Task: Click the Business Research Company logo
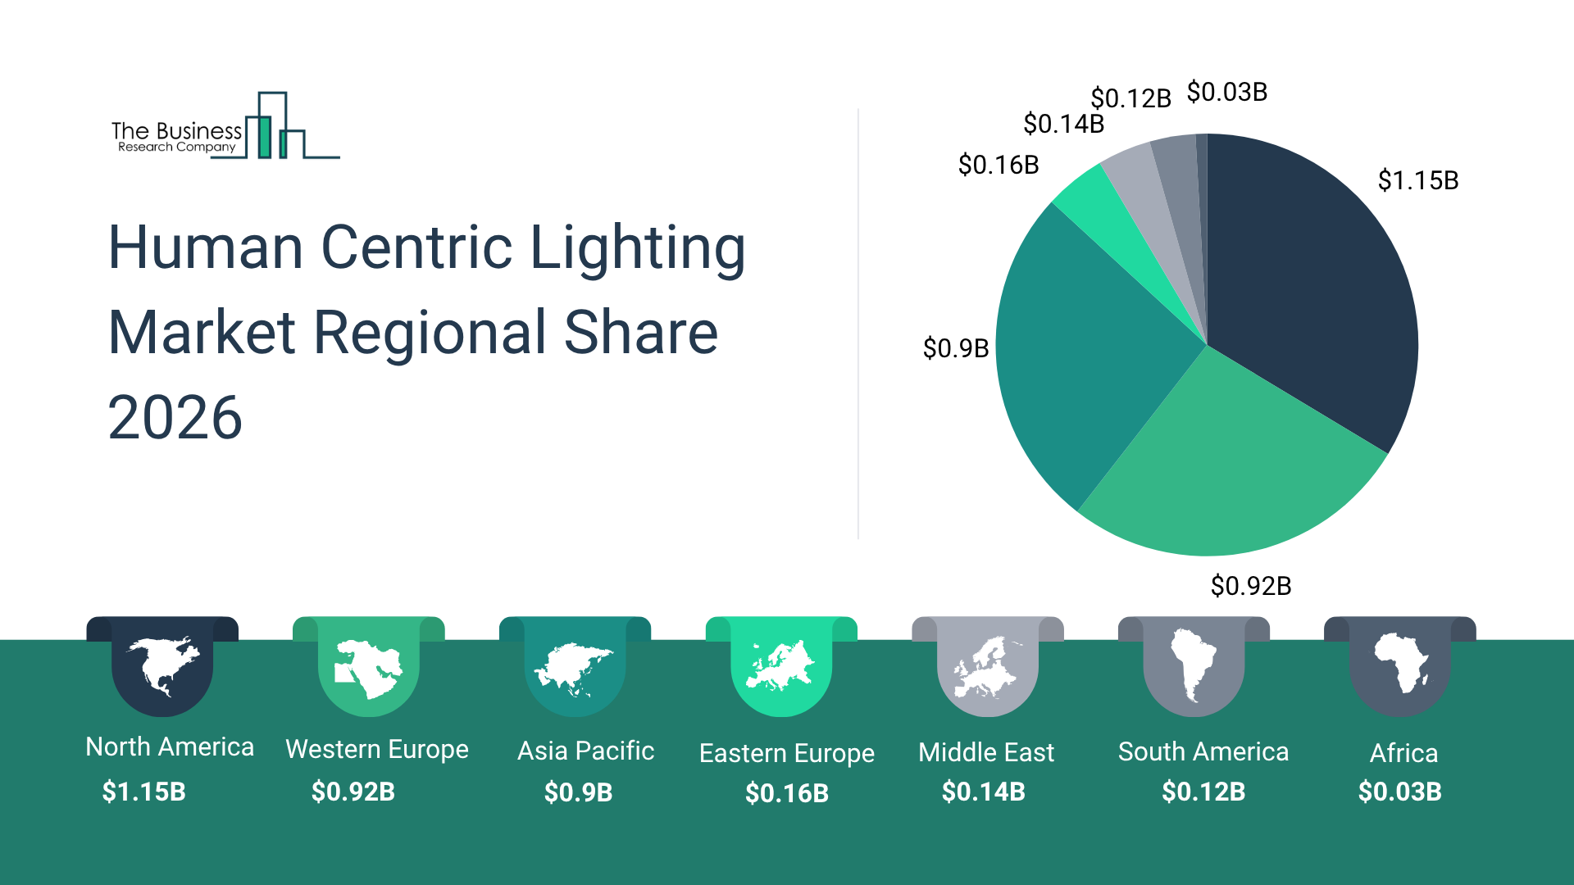pos(225,128)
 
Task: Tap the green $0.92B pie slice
pos(1230,467)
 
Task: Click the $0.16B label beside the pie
pos(999,166)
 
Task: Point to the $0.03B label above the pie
pos(1227,92)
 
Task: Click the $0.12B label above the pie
pos(1130,98)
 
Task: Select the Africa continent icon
pos(1401,664)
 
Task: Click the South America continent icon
pos(1194,665)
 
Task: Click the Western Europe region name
pos(377,749)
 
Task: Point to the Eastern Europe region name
pos(787,753)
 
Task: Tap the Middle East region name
pos(986,752)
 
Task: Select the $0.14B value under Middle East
pos(984,792)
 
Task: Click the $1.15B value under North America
pos(144,792)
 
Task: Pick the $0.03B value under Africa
pos(1400,792)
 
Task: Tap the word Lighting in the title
pos(638,247)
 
